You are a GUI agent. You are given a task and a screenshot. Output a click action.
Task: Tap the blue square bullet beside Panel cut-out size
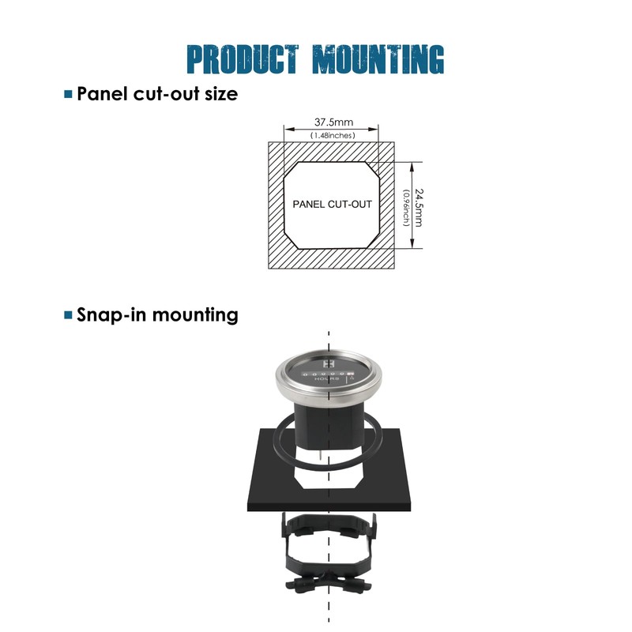[x=68, y=95]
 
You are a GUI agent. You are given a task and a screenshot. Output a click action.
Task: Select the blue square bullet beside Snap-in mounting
[x=68, y=315]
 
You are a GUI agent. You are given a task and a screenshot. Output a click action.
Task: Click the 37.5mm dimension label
[x=333, y=122]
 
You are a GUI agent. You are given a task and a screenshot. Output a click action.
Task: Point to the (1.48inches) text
[x=333, y=135]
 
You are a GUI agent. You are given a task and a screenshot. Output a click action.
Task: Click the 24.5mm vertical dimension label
[x=419, y=206]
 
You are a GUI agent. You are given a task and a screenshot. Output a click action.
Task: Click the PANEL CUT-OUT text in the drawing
[x=332, y=204]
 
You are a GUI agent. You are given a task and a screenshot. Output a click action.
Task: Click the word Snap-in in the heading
[x=112, y=315]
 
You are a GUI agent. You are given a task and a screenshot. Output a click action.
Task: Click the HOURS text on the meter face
[x=326, y=380]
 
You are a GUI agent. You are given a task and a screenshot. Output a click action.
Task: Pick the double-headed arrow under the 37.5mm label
[x=332, y=130]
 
